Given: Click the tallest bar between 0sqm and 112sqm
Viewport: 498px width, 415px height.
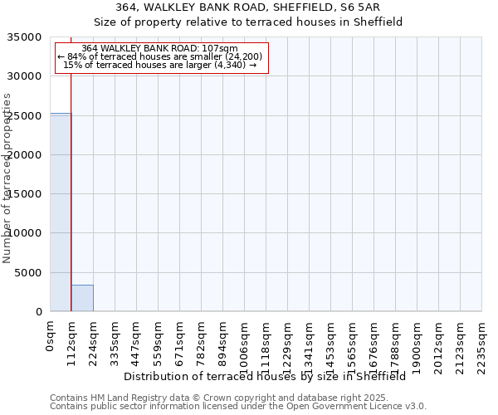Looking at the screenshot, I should click(x=61, y=212).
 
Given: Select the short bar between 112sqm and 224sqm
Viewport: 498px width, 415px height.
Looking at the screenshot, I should click(x=82, y=298).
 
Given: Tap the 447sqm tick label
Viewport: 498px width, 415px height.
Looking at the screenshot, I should click(x=137, y=340).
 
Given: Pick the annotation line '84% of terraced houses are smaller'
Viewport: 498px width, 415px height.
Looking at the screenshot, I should click(x=161, y=56).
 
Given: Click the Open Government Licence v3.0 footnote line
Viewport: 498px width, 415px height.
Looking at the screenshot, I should click(x=237, y=407).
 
